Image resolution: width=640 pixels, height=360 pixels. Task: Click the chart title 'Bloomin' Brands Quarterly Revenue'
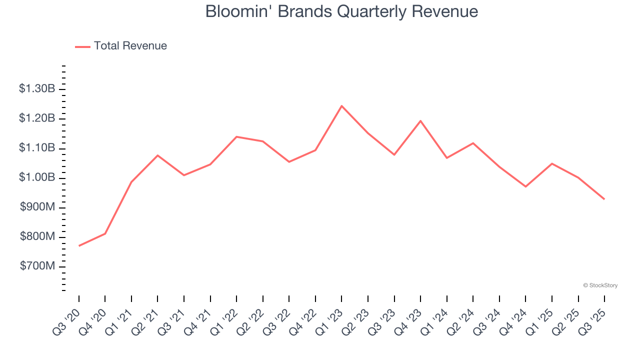point(341,11)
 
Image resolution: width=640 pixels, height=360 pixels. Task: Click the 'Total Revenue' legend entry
point(130,46)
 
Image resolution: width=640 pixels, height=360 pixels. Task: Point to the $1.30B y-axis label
point(37,89)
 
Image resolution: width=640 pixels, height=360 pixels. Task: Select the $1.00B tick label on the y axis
point(37,178)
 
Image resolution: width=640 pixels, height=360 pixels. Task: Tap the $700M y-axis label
point(37,266)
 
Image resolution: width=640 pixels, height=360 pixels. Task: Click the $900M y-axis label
point(37,207)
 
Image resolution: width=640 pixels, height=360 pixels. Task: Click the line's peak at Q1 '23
point(341,106)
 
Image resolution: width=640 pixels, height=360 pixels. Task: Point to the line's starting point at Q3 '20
point(79,245)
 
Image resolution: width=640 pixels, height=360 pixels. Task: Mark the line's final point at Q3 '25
point(604,199)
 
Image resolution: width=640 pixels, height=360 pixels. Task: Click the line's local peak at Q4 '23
point(420,120)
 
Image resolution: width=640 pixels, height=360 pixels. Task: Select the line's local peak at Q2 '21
point(157,155)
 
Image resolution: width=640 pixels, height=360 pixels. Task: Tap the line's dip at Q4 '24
point(525,186)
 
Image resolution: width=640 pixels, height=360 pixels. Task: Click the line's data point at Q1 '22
point(236,136)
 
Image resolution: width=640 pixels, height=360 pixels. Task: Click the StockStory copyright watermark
point(600,285)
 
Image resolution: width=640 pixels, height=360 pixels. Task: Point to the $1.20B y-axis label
point(37,118)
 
